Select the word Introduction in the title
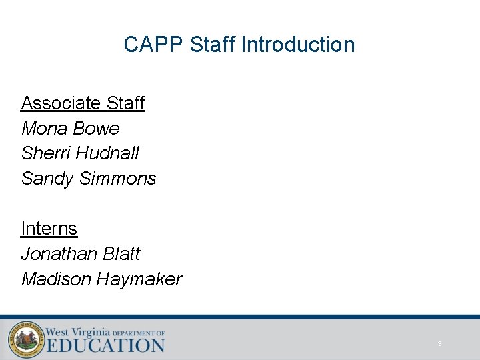(x=298, y=45)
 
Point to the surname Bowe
(x=99, y=128)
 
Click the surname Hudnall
(x=108, y=153)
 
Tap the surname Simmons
(x=118, y=179)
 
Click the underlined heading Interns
(x=49, y=229)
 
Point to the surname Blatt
(x=121, y=254)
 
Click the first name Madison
(x=57, y=279)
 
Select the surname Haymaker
(x=139, y=279)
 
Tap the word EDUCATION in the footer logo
(x=105, y=345)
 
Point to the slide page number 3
(x=439, y=344)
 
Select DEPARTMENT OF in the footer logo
(x=139, y=332)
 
